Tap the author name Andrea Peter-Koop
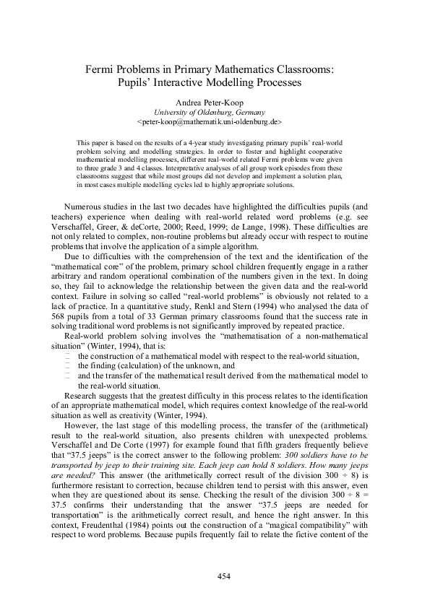215,103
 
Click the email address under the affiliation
214,123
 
